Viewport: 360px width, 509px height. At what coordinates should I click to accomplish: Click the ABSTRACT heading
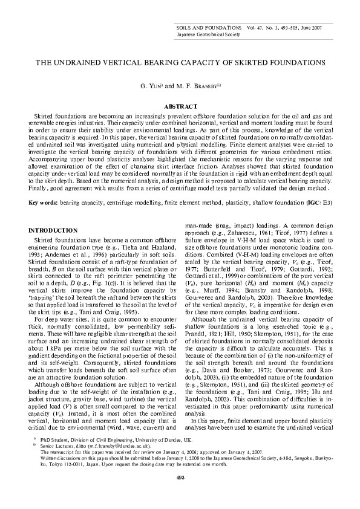pyautogui.click(x=180, y=106)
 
